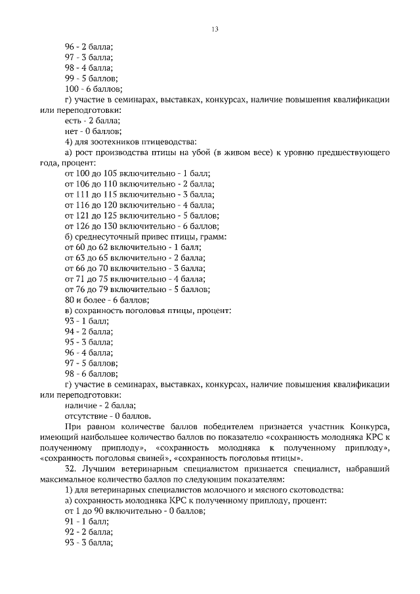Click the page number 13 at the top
tap(215, 29)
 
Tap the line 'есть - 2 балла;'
tap(93, 121)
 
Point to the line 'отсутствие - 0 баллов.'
tap(108, 415)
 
